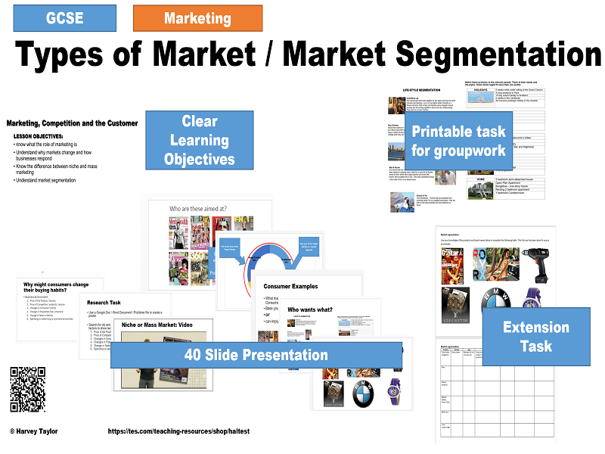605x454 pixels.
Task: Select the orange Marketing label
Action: (x=197, y=17)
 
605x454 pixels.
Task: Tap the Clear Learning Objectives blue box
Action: (x=199, y=140)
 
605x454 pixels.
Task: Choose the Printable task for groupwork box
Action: (x=458, y=141)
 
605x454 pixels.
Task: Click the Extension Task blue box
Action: (x=535, y=337)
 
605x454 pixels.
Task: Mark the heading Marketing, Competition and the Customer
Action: (x=72, y=123)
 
